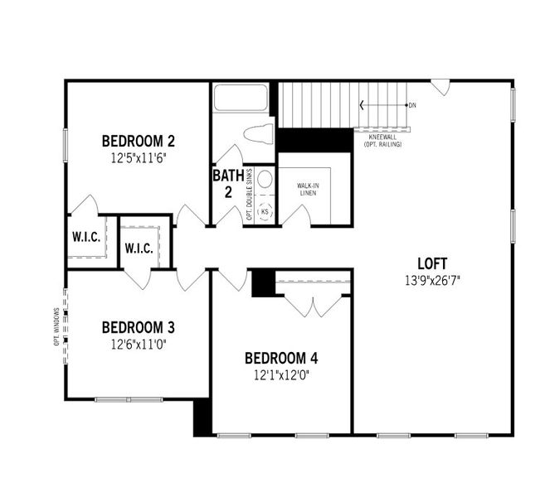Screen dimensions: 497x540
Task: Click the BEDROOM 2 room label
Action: click(x=138, y=140)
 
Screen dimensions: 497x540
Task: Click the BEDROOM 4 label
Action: click(x=281, y=359)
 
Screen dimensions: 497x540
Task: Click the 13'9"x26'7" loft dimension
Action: click(x=432, y=280)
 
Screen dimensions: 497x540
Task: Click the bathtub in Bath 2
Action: click(x=241, y=98)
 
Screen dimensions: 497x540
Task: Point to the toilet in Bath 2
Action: click(x=259, y=134)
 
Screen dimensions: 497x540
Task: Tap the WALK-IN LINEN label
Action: click(x=309, y=188)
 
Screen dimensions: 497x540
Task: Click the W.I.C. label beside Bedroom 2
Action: click(x=86, y=237)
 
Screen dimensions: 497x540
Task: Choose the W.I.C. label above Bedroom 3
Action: click(x=139, y=248)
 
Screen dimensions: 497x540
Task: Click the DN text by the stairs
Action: click(x=412, y=105)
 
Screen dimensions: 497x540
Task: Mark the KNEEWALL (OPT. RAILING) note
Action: click(x=382, y=140)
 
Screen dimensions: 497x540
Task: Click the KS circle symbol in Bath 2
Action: click(x=265, y=211)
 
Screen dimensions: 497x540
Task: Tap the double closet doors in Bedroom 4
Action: click(x=314, y=305)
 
